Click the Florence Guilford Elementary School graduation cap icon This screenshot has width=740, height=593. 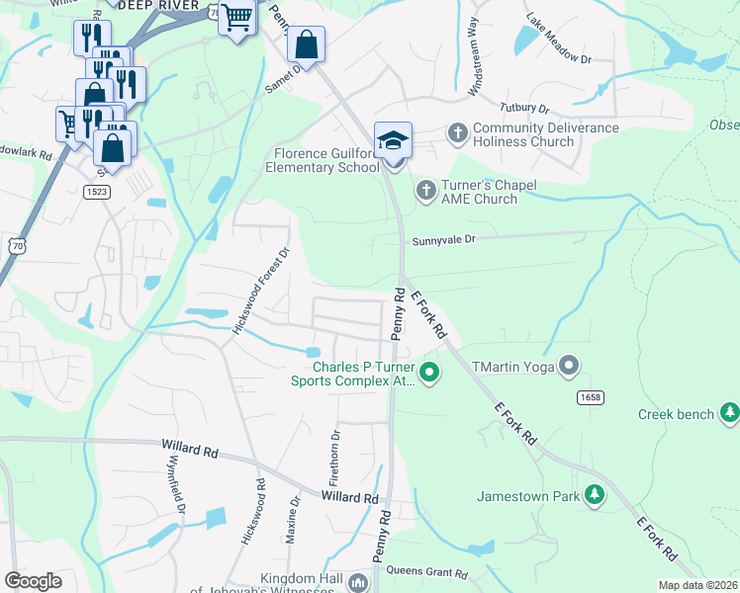[x=393, y=139]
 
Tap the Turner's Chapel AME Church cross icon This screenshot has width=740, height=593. [x=425, y=189]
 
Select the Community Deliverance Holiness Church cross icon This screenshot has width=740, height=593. [x=457, y=131]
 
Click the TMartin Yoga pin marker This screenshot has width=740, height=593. [x=569, y=367]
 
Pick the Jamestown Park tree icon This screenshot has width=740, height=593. [x=595, y=495]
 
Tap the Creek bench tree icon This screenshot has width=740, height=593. [x=729, y=411]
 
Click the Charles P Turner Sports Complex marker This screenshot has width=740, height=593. [x=429, y=374]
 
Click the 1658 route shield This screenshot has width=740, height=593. [x=591, y=395]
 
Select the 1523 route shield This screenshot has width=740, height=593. [x=97, y=190]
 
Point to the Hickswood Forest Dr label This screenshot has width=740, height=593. [x=260, y=291]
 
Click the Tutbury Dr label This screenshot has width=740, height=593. [x=525, y=107]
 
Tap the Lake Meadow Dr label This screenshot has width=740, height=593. [x=558, y=53]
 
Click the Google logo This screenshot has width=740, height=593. [x=33, y=580]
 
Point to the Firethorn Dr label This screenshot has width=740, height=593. [x=335, y=456]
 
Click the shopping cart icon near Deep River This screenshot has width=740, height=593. [x=237, y=17]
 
